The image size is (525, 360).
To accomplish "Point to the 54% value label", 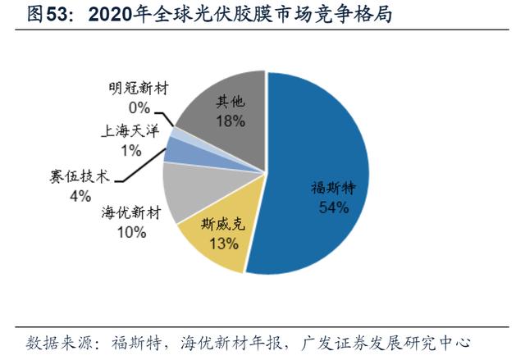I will point(333,207).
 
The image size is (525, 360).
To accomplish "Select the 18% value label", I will point(231,121).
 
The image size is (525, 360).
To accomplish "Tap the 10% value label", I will point(130,232).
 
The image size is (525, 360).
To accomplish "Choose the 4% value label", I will point(80,195).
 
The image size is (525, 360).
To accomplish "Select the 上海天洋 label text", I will point(130,130).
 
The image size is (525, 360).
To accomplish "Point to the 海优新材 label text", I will point(130,213).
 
